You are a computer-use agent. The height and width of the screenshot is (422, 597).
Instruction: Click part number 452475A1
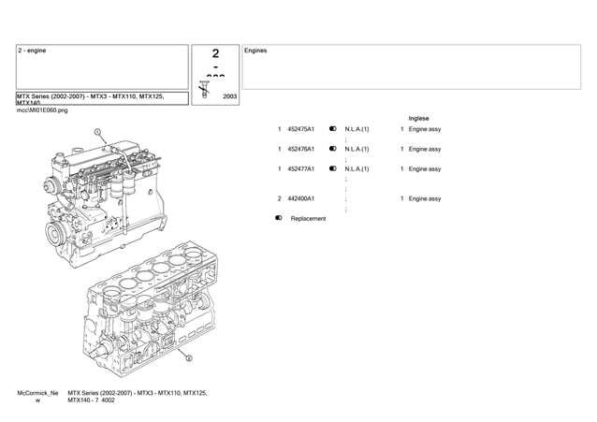301,129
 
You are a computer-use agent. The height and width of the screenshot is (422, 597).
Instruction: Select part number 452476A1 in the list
301,149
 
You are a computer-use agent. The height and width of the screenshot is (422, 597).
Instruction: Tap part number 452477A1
301,169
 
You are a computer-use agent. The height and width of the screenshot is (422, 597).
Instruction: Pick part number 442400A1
301,198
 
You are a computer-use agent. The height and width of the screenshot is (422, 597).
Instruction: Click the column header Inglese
419,118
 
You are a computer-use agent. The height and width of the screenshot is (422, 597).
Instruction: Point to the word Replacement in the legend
309,219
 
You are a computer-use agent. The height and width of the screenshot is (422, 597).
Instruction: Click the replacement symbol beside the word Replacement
280,219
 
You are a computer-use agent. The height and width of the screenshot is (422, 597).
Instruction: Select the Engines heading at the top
255,51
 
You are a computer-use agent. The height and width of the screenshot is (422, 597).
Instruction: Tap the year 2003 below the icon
230,96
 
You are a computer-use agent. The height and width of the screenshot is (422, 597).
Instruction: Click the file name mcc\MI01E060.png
43,109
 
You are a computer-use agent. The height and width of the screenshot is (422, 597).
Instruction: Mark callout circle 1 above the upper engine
96,133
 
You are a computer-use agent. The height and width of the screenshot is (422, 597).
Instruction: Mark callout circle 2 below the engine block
188,357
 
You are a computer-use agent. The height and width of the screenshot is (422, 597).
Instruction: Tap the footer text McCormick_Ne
38,393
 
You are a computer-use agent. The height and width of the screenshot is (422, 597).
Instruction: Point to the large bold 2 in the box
215,55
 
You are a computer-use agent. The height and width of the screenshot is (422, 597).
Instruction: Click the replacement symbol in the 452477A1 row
333,169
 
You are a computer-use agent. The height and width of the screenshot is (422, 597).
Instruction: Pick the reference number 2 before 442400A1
280,198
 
